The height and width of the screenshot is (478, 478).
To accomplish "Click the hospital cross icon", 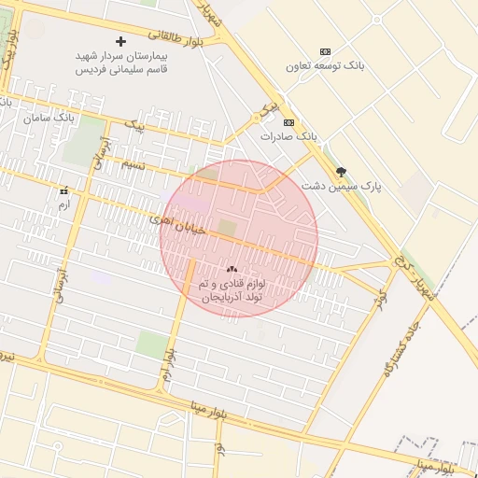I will click(120, 41).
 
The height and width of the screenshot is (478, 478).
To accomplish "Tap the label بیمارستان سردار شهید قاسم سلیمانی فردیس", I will click(119, 62).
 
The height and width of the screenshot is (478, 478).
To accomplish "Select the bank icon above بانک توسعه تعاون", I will click(325, 51).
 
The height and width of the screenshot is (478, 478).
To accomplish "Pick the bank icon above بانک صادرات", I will click(288, 122).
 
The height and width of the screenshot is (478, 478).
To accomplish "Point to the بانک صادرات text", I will click(289, 136).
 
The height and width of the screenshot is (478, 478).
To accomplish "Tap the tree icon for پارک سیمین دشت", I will click(341, 172).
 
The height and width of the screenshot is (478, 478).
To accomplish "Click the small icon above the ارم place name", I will click(63, 191).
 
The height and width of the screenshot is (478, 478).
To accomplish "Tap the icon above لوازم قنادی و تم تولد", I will click(232, 268).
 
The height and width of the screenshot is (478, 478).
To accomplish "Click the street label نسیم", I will click(133, 163).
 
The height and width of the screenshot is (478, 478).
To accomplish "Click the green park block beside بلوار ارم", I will click(150, 344).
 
